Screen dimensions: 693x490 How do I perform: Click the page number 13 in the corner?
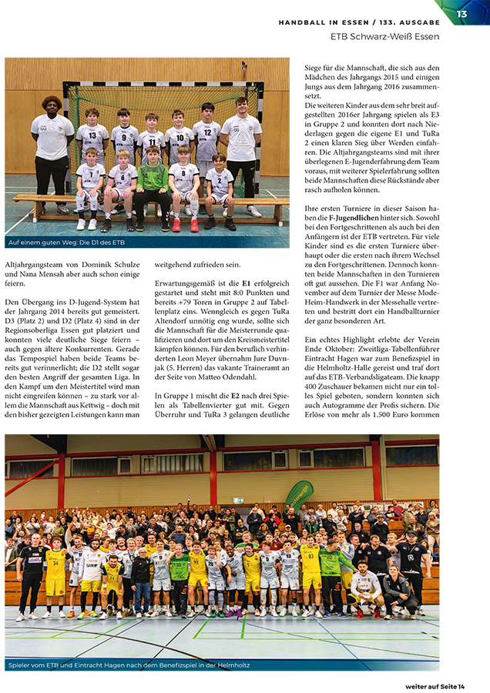(461, 14)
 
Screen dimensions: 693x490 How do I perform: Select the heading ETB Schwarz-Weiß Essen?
(384, 36)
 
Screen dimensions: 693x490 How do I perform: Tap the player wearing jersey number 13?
(92, 139)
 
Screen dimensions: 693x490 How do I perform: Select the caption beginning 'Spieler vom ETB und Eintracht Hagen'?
(129, 665)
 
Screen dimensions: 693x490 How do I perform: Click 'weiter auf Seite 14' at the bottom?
(435, 686)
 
